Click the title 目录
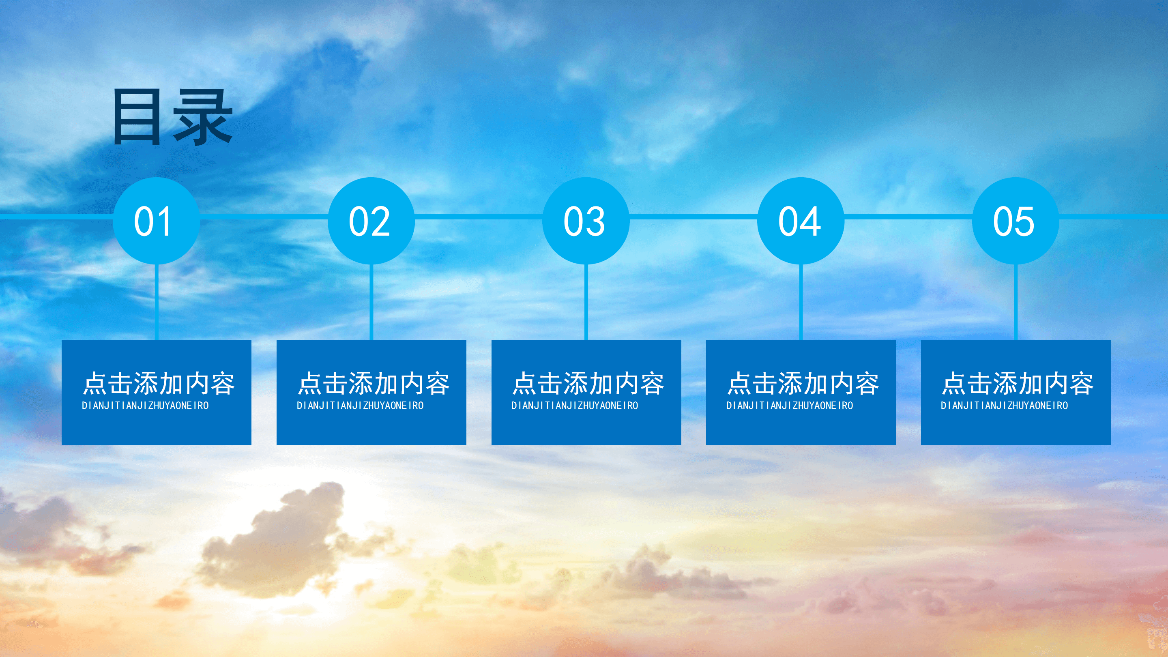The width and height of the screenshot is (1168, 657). (x=172, y=117)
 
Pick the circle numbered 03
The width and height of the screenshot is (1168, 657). (x=586, y=221)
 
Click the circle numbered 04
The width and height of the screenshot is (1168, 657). (x=801, y=221)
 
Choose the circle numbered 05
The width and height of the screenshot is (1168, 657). (x=1016, y=221)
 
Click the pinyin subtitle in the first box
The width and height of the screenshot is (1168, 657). (x=145, y=406)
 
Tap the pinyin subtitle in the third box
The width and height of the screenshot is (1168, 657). (x=575, y=406)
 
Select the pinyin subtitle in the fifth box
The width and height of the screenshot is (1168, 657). (x=1004, y=406)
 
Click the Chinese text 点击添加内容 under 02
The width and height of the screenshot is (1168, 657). (x=374, y=383)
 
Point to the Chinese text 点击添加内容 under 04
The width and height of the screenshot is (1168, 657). (x=803, y=383)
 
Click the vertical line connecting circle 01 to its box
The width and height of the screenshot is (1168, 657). (x=157, y=301)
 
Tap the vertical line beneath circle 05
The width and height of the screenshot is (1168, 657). (x=1016, y=301)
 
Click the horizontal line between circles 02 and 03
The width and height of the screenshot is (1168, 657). (x=479, y=217)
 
